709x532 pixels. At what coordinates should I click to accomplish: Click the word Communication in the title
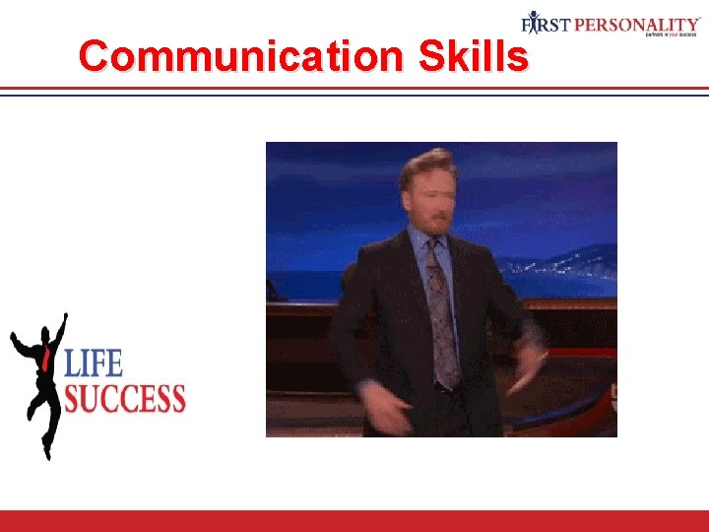pyautogui.click(x=240, y=56)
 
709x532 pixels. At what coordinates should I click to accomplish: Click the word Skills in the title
pyautogui.click(x=473, y=56)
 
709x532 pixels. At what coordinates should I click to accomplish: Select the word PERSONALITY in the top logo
pyautogui.click(x=637, y=22)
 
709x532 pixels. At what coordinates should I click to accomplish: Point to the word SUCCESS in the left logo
pyautogui.click(x=125, y=398)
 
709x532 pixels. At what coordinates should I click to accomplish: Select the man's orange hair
pyautogui.click(x=425, y=161)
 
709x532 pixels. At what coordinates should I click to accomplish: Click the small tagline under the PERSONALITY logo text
pyautogui.click(x=674, y=34)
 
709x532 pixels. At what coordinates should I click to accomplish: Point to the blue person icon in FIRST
pyautogui.click(x=533, y=22)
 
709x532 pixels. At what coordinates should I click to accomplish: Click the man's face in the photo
pyautogui.click(x=428, y=197)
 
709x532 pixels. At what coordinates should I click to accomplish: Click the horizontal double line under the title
pyautogui.click(x=354, y=91)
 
